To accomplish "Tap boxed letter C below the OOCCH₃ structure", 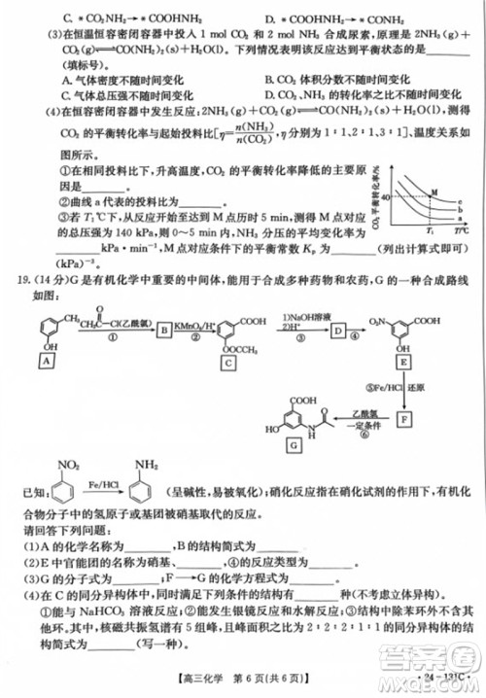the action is point(229,362).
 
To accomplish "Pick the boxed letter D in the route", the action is point(337,332).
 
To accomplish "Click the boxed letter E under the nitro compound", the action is point(401,362).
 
